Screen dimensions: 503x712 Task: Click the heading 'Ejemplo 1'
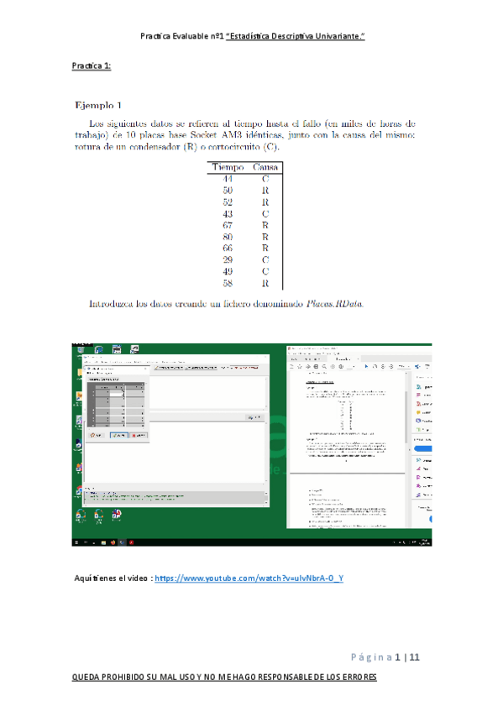tap(98, 105)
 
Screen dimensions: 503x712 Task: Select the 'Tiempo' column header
tap(227, 167)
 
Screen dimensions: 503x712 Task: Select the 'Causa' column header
tap(265, 167)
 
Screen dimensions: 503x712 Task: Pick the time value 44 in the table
tap(228, 179)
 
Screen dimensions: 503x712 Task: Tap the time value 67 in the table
tap(228, 226)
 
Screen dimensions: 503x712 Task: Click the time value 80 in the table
tap(228, 238)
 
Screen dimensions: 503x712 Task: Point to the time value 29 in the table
tap(228, 260)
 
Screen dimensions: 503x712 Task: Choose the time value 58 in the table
tap(228, 284)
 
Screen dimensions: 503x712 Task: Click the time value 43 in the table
tap(228, 214)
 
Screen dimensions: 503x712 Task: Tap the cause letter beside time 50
tap(265, 191)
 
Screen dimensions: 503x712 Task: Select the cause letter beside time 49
tap(265, 272)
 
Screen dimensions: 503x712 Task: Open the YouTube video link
tap(249, 578)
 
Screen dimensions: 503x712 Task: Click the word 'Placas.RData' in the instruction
tap(335, 303)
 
